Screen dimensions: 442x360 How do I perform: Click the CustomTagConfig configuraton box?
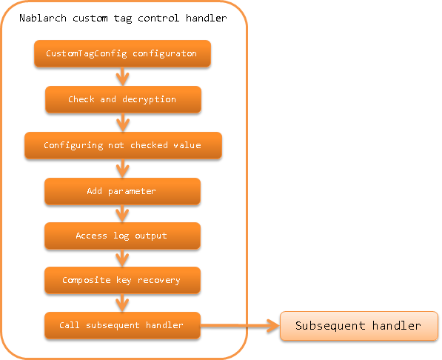[122, 53]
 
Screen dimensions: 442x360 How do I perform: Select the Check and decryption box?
[123, 99]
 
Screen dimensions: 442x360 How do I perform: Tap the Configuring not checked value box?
[123, 146]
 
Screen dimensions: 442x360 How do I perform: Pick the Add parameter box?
[122, 191]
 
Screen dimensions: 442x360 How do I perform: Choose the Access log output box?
[122, 236]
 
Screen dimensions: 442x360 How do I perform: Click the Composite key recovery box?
[122, 281]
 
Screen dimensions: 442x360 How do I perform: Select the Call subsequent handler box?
[122, 325]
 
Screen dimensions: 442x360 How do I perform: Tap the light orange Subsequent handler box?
[359, 326]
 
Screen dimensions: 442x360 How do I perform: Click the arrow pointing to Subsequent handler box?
[240, 326]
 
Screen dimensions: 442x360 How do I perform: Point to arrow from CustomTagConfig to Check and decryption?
[123, 76]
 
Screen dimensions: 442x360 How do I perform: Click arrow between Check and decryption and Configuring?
[123, 122]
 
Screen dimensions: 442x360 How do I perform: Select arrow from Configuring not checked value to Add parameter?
[123, 168]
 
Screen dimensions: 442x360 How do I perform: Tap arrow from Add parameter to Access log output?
[122, 213]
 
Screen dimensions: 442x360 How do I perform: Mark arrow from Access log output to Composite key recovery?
[122, 259]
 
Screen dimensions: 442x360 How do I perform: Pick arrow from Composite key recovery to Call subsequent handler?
[122, 303]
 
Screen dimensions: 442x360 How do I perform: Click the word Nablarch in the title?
[43, 18]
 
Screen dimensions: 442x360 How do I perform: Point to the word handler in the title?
[207, 18]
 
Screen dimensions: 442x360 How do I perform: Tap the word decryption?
[149, 99]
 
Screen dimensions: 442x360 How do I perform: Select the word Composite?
[87, 280]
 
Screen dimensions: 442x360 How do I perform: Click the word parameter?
[132, 192]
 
